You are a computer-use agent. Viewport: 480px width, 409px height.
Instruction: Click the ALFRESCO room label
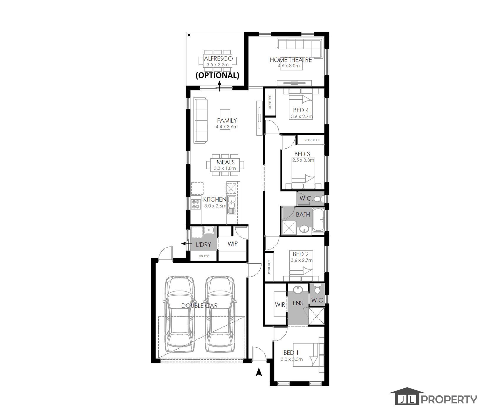[x=218, y=58]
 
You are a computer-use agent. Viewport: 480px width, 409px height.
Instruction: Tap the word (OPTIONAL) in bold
[x=218, y=75]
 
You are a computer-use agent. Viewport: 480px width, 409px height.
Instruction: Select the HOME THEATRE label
[x=291, y=60]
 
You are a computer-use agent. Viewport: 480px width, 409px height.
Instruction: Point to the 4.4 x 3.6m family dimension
[x=226, y=127]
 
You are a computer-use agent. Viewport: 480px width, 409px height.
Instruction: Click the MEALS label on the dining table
[x=226, y=162]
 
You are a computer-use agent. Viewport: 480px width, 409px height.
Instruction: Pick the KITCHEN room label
[x=215, y=200]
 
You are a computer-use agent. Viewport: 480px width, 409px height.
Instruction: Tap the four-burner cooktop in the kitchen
[x=195, y=204]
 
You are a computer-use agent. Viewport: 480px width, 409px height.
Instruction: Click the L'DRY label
[x=203, y=244]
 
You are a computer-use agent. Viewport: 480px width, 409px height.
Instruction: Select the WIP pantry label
[x=233, y=244]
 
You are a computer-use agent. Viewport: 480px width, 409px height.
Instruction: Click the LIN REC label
[x=204, y=256]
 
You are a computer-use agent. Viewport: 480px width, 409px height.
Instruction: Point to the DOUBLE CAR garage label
[x=199, y=306]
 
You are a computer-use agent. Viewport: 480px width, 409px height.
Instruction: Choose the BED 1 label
[x=291, y=352]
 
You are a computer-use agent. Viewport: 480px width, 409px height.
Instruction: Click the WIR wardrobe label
[x=280, y=305]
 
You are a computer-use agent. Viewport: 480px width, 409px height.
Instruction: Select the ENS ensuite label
[x=298, y=303]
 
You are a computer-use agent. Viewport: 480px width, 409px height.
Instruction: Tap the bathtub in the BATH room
[x=318, y=220]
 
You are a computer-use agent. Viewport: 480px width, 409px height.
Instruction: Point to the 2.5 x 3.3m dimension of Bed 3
[x=303, y=160]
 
